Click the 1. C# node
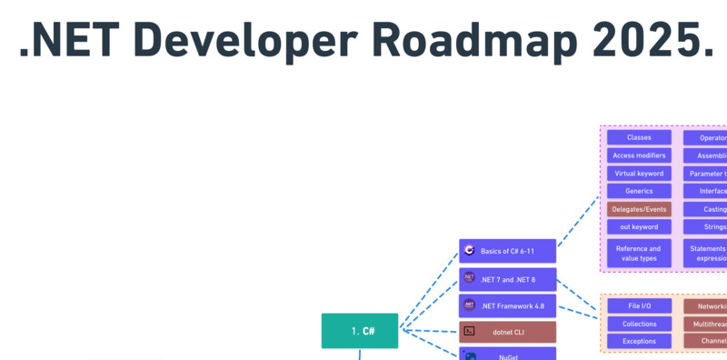pyautogui.click(x=360, y=331)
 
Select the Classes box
pyautogui.click(x=639, y=137)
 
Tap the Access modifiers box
pyautogui.click(x=639, y=155)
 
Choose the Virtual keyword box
pyautogui.click(x=639, y=173)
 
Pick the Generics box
pyautogui.click(x=639, y=191)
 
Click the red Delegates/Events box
pyautogui.click(x=639, y=209)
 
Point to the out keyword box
pyautogui.click(x=639, y=226)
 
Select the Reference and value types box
pyautogui.click(x=639, y=253)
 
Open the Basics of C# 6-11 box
pyautogui.click(x=507, y=251)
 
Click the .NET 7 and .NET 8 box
pyautogui.click(x=507, y=279)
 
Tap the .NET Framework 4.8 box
pyautogui.click(x=507, y=305)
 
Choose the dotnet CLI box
pyautogui.click(x=507, y=332)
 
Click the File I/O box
pyautogui.click(x=639, y=306)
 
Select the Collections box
pyautogui.click(x=639, y=324)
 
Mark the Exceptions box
pyautogui.click(x=639, y=341)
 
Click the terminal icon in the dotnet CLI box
pyautogui.click(x=470, y=332)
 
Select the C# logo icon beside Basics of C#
pyautogui.click(x=470, y=251)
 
